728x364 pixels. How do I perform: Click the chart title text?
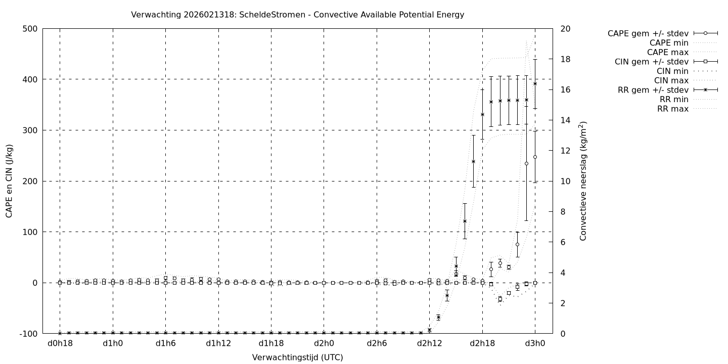tap(297, 15)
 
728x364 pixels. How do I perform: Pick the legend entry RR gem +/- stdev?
tap(653, 90)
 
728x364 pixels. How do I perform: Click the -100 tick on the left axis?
tap(28, 334)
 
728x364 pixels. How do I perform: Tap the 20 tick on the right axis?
tap(566, 29)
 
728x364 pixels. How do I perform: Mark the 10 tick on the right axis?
tap(566, 181)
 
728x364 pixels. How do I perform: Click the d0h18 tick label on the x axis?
tap(60, 344)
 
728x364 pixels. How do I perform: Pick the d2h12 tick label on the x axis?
tap(429, 344)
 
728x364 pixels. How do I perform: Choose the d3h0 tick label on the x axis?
tap(535, 344)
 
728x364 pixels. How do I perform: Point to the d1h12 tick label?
tap(218, 344)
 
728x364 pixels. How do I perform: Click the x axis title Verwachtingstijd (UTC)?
tap(297, 357)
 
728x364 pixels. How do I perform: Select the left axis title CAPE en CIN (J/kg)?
tap(10, 181)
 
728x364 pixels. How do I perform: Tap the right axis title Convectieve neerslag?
tap(583, 181)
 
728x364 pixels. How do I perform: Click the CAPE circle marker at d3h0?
tap(535, 157)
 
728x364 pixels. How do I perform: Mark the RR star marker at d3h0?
tap(535, 83)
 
